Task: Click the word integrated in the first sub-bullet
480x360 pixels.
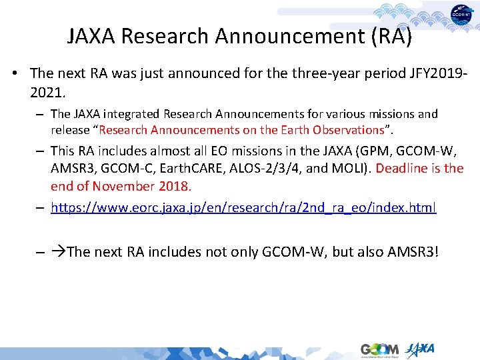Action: (130, 115)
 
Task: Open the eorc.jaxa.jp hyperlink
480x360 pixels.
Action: (243, 208)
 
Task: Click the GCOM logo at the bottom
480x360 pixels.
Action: (379, 349)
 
